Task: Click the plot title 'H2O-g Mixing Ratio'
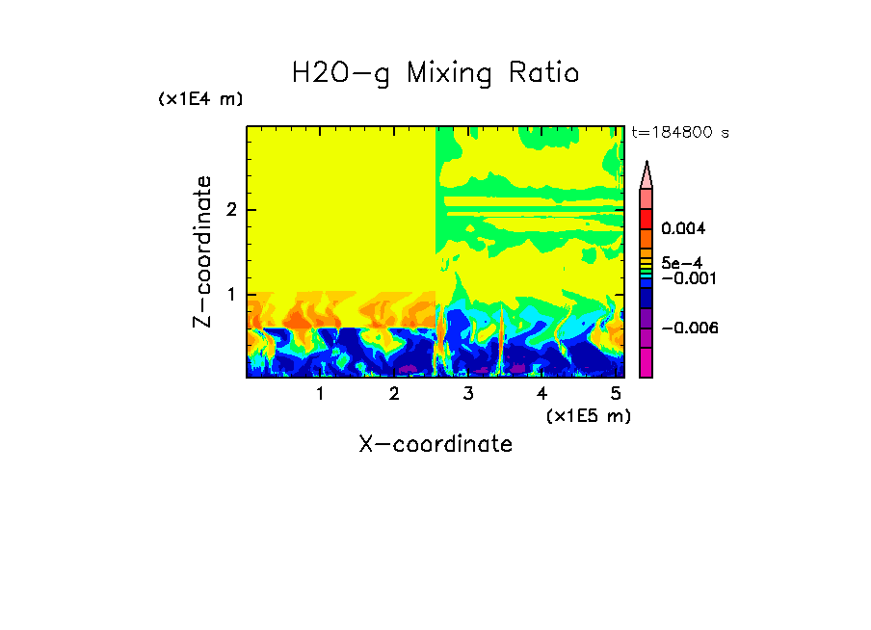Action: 435,73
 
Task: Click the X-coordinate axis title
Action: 435,444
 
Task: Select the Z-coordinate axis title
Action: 202,251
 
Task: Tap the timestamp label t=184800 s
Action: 679,133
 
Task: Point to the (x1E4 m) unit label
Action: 200,99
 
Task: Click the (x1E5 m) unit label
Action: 588,415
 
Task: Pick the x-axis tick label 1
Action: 320,394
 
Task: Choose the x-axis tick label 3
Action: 468,394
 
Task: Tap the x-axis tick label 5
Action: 616,394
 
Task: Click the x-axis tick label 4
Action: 541,394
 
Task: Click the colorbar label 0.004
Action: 683,229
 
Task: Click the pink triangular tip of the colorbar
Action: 646,175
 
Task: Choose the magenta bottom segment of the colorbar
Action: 646,363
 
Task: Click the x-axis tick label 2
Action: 394,394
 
